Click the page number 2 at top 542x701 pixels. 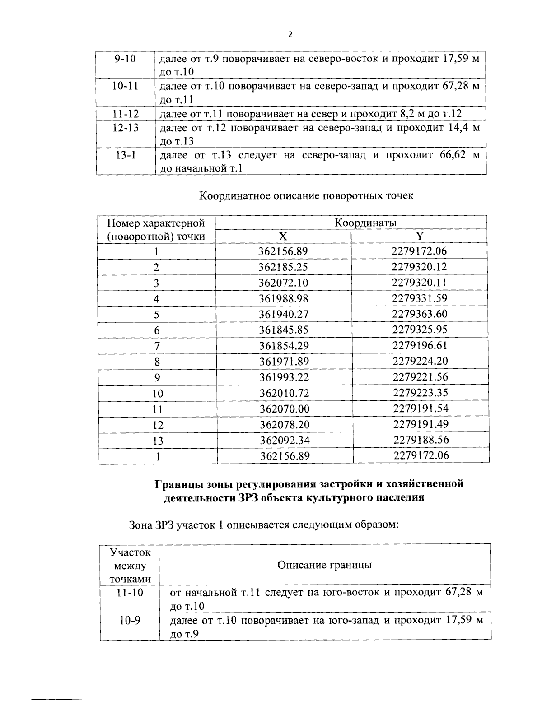pos(290,34)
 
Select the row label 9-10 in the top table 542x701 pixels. pos(125,59)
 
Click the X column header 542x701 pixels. pos(283,236)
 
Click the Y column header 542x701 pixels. pos(419,236)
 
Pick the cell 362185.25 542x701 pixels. pos(283,267)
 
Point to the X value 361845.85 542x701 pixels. pos(284,330)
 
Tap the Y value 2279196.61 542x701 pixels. pos(420,345)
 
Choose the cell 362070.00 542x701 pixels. pos(285,409)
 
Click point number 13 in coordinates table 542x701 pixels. pos(158,441)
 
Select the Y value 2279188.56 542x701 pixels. pos(421,440)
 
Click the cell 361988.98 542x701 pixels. pos(283,298)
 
